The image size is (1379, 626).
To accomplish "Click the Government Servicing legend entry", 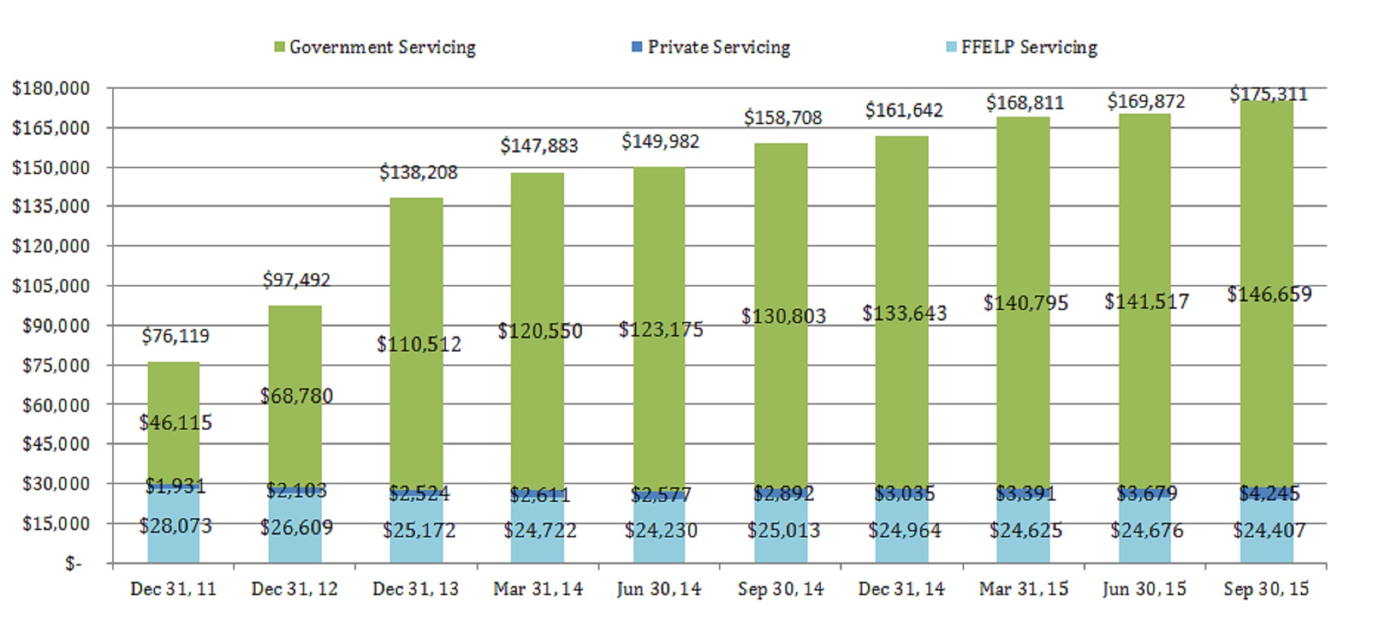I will (376, 47).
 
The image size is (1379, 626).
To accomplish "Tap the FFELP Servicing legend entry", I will (1022, 47).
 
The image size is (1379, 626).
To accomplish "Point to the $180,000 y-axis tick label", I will (51, 88).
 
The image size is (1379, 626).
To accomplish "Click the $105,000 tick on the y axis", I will (51, 286).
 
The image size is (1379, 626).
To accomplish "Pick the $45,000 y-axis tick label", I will (55, 444).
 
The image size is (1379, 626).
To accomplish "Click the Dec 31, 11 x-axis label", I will (173, 589).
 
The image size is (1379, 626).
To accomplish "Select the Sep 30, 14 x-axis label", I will (780, 589).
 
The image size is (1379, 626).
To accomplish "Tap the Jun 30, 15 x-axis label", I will (1145, 589).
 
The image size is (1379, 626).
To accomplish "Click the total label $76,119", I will (175, 336).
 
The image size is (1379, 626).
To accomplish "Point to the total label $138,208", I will (418, 172).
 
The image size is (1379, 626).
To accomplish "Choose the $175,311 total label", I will (1269, 95).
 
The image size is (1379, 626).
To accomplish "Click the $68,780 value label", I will (296, 396).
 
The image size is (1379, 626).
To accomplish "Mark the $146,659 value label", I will (1269, 294).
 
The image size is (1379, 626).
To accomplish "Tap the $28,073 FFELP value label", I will (175, 526).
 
